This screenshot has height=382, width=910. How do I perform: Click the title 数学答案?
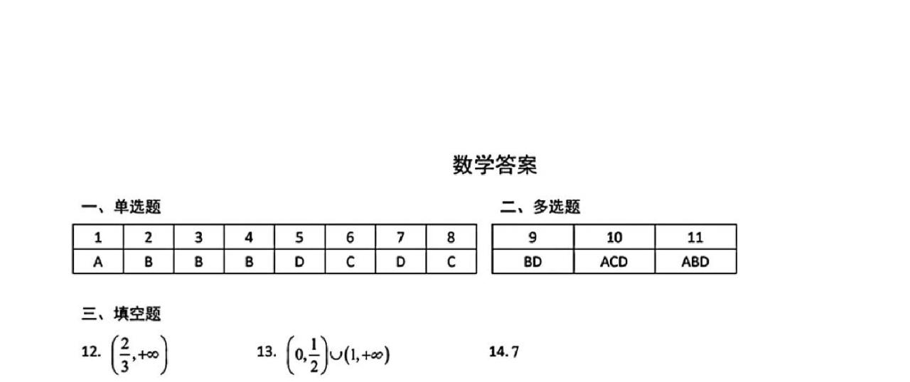(495, 165)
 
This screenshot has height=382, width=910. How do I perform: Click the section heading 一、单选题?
(121, 207)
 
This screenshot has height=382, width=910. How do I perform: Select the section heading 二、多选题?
(540, 207)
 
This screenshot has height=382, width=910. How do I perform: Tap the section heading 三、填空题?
(121, 314)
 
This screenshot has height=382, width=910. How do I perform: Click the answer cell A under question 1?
(98, 262)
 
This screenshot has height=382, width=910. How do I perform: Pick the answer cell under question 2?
(149, 262)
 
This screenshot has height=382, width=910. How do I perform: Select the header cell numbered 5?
(299, 238)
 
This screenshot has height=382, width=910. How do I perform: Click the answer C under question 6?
(350, 262)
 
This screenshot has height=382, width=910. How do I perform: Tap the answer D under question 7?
(400, 262)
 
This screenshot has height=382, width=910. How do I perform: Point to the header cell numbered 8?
(451, 238)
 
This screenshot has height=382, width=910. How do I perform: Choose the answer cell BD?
(532, 262)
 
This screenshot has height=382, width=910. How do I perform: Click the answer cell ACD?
(614, 262)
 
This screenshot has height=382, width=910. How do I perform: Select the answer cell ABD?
(695, 262)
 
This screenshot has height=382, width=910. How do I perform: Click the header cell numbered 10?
(614, 238)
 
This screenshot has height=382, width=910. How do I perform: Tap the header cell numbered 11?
(695, 238)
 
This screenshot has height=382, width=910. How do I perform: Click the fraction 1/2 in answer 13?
(314, 353)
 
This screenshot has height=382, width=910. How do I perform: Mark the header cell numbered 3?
(199, 238)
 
